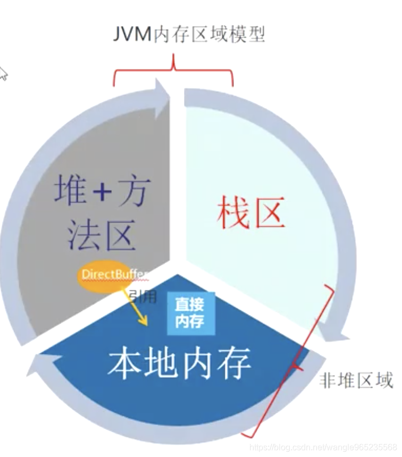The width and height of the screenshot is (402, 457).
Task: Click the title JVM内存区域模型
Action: point(189,35)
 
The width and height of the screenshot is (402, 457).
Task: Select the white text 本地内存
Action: point(179,363)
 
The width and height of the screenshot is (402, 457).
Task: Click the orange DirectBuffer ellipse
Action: point(111,274)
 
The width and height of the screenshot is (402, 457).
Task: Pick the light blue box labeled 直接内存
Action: point(190,314)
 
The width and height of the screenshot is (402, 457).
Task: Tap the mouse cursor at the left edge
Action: point(3,73)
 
